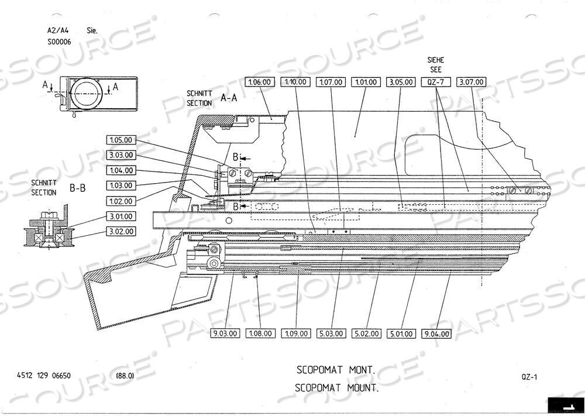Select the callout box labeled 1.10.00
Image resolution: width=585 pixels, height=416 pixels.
click(295, 82)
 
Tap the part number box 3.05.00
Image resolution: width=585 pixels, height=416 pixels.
click(401, 82)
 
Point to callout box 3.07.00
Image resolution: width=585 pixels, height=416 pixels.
click(470, 82)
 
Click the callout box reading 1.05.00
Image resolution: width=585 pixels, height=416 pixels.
click(121, 140)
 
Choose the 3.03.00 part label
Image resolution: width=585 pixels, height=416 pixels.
click(121, 155)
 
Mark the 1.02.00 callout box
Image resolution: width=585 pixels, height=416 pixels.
click(121, 201)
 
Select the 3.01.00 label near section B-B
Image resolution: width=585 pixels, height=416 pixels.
click(121, 216)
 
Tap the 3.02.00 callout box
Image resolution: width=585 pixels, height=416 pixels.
click(121, 231)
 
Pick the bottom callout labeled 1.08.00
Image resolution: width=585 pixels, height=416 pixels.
click(260, 334)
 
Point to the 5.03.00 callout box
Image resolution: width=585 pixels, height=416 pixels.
click(331, 334)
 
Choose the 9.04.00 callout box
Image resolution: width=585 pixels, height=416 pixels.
click(436, 334)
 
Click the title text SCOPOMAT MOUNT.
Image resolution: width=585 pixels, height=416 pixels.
click(338, 387)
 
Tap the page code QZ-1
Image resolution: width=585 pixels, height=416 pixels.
click(529, 377)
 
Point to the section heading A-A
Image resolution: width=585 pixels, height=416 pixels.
click(228, 98)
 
